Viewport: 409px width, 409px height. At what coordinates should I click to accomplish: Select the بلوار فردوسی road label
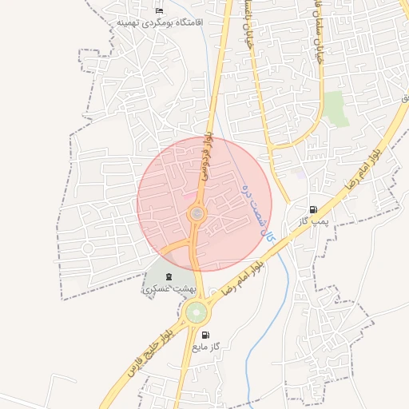coord(207,155)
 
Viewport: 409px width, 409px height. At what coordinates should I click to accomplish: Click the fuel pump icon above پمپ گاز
coord(312,210)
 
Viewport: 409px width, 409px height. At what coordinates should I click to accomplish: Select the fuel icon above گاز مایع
coord(206,336)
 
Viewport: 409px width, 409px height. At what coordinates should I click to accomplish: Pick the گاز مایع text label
coord(205,347)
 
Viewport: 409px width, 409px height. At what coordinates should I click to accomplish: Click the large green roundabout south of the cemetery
coord(196,312)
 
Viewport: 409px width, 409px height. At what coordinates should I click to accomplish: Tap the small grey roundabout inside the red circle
coord(196,214)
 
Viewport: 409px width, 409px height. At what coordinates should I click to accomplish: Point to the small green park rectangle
coord(336,109)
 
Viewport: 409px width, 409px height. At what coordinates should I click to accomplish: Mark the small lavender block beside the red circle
coord(300,171)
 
